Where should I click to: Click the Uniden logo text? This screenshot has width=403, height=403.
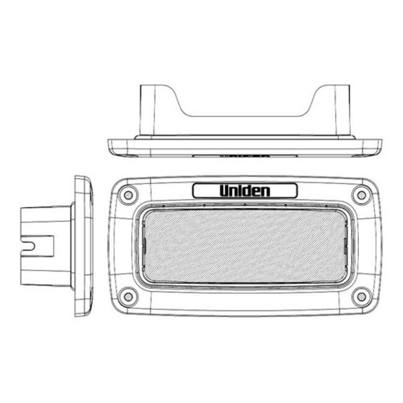245,191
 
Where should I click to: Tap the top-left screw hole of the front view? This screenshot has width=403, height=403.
128,195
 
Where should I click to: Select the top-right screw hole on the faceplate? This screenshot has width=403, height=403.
361,195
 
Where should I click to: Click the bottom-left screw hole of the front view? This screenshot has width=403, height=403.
128,297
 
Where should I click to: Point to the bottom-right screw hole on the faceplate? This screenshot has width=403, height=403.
361,297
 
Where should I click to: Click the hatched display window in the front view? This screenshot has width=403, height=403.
245,246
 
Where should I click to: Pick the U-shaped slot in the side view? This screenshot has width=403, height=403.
28,246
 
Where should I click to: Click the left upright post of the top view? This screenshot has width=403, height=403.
148,110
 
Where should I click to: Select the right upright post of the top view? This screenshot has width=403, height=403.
342,110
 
